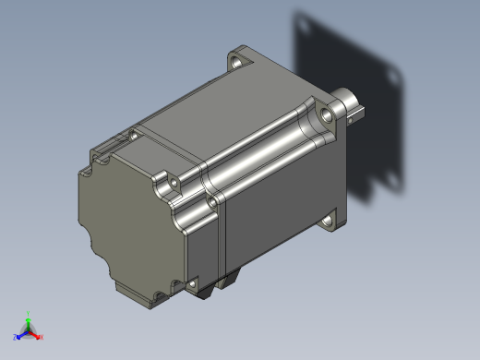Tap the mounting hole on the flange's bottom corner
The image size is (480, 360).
point(330,221)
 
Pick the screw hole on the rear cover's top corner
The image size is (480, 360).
point(134,136)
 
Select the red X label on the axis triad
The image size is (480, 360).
point(41,337)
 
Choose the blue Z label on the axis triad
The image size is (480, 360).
point(16,338)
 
